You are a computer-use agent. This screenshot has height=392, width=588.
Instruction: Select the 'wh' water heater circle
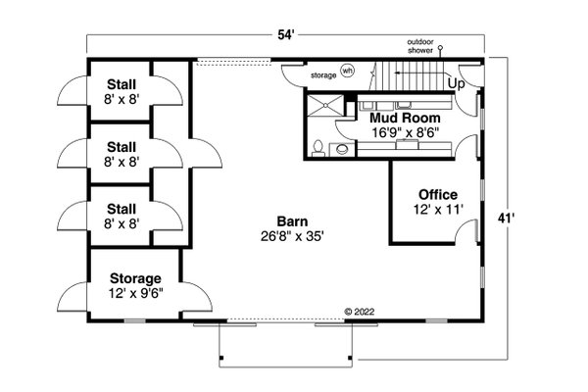click(x=348, y=71)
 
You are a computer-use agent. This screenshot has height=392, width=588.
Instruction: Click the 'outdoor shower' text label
click(x=425, y=46)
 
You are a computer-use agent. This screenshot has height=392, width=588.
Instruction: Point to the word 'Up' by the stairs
click(x=457, y=84)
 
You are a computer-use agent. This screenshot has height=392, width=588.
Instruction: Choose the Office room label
click(x=437, y=193)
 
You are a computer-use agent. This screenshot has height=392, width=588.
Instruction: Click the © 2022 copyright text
click(x=360, y=313)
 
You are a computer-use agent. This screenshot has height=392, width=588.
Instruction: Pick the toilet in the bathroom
click(x=318, y=147)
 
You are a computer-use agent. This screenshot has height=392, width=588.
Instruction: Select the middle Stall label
click(x=122, y=146)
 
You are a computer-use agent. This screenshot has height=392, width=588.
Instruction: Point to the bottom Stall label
click(x=122, y=208)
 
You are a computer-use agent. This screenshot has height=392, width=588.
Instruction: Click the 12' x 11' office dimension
click(x=437, y=209)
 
